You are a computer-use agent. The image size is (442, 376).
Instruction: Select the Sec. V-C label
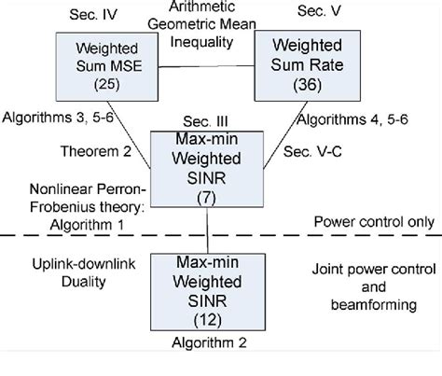coord(310,151)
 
